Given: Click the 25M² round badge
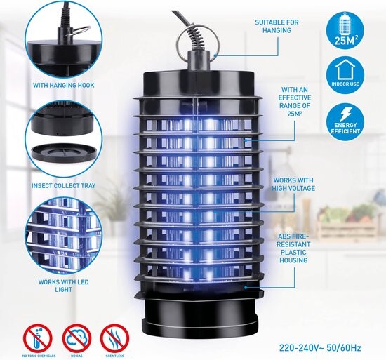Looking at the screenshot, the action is click(x=345, y=31).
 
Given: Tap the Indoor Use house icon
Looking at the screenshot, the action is click(x=345, y=74).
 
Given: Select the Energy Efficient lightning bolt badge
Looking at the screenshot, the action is click(x=345, y=122).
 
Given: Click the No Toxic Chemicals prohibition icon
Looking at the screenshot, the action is click(x=38, y=338).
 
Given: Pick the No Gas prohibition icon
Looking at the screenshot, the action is click(x=76, y=338).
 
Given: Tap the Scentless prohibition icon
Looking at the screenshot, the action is click(x=114, y=338).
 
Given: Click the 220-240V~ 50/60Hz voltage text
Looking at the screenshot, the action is click(x=320, y=348).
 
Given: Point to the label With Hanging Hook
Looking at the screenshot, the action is click(x=63, y=86).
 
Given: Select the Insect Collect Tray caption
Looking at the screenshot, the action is click(x=63, y=185).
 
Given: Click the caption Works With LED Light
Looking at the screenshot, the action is click(x=63, y=286).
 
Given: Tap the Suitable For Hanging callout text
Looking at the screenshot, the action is click(x=277, y=27).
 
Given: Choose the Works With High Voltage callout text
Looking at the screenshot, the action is click(x=293, y=185).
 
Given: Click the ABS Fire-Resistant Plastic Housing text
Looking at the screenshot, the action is click(x=293, y=248).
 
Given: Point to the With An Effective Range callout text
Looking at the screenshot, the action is click(x=295, y=102).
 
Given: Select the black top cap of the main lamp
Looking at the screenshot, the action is click(x=199, y=84).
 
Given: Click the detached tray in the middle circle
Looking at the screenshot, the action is click(x=63, y=152).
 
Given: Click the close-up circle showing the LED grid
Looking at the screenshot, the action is click(x=63, y=236).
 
